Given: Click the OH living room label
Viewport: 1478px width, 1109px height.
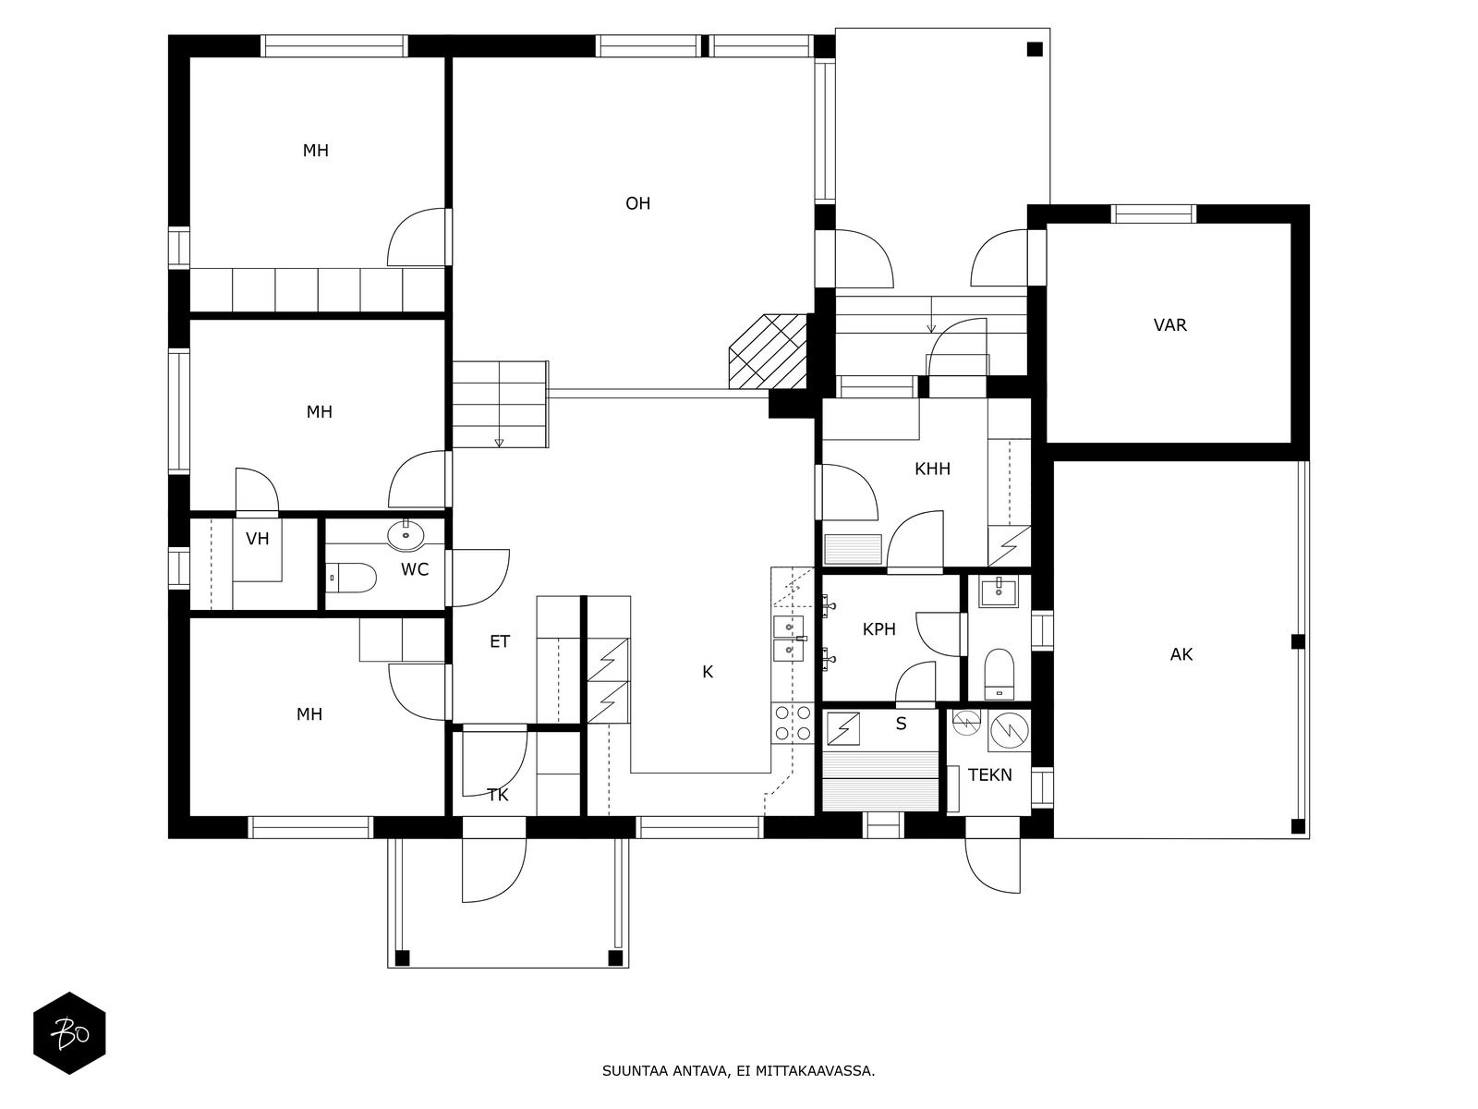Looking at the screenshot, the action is (x=637, y=203).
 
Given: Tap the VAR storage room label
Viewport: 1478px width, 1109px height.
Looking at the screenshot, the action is (x=1169, y=325).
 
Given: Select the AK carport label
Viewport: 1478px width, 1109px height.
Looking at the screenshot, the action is (x=1181, y=654).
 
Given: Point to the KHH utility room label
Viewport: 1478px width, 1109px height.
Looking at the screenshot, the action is (x=932, y=469).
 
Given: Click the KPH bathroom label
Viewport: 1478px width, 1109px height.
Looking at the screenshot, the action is (x=878, y=629).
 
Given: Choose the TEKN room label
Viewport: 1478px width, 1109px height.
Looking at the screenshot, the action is (x=990, y=775).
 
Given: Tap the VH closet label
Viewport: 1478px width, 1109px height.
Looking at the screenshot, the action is (x=257, y=539).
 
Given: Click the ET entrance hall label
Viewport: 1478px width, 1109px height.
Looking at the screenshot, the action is (x=500, y=641).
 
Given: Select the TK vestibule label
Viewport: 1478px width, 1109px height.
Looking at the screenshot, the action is (x=498, y=795).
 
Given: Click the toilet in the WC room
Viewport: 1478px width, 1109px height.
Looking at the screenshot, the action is (x=351, y=578).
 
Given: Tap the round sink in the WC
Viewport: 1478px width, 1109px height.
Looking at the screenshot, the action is (x=406, y=535).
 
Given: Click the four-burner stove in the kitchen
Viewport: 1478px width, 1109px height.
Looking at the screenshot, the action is (x=793, y=724).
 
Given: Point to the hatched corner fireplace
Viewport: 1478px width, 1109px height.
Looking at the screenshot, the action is (x=769, y=351).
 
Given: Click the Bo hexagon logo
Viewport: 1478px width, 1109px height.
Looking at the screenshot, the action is (x=69, y=1033).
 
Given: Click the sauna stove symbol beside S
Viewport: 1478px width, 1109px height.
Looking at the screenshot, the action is (x=842, y=728).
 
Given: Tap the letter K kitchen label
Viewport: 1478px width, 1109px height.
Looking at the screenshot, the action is (x=707, y=672).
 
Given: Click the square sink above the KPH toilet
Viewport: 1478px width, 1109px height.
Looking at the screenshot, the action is (x=999, y=591).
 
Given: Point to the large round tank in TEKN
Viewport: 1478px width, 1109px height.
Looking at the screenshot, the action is (x=1010, y=730).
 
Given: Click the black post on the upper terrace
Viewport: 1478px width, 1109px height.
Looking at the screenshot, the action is (x=1035, y=49).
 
